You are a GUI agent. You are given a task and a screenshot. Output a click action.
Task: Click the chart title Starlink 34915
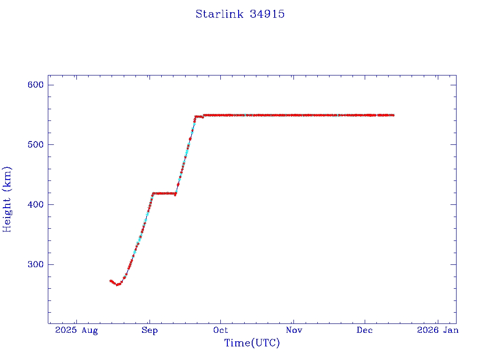pyautogui.click(x=240, y=14)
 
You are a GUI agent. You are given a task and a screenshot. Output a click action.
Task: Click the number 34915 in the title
pyautogui.click(x=267, y=14)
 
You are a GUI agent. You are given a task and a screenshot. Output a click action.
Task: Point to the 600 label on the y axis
pyautogui.click(x=35, y=85)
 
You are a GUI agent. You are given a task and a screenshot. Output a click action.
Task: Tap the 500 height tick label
pyautogui.click(x=35, y=145)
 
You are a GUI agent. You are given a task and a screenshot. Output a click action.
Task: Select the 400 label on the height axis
pyautogui.click(x=35, y=205)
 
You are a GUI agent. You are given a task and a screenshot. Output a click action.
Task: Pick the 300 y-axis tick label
pyautogui.click(x=35, y=265)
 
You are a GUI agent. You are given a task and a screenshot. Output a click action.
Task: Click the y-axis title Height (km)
pyautogui.click(x=7, y=199)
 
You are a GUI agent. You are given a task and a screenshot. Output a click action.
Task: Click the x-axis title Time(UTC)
pyautogui.click(x=252, y=343)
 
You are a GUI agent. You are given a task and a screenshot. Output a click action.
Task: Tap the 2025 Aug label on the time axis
pyautogui.click(x=76, y=330)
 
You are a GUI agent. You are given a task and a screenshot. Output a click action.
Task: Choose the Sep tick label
pyautogui.click(x=150, y=330)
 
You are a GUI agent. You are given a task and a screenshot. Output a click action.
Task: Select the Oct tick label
pyautogui.click(x=221, y=330)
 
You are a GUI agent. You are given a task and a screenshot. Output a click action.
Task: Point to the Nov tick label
pyautogui.click(x=293, y=330)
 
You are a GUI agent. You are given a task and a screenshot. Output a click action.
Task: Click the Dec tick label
pyautogui.click(x=365, y=330)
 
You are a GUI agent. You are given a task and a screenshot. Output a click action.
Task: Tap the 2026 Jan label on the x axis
pyautogui.click(x=437, y=330)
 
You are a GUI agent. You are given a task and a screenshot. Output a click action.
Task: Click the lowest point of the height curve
pyautogui.click(x=118, y=285)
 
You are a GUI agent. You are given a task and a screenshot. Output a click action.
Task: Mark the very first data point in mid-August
pyautogui.click(x=110, y=281)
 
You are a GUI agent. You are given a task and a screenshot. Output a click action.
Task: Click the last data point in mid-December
pyautogui.click(x=393, y=115)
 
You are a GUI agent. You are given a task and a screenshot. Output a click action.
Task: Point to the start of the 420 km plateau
pyautogui.click(x=153, y=193)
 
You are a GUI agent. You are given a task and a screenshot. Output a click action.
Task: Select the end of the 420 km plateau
pyautogui.click(x=175, y=194)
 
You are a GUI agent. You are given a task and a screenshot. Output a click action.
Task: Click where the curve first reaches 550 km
pyautogui.click(x=204, y=115)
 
